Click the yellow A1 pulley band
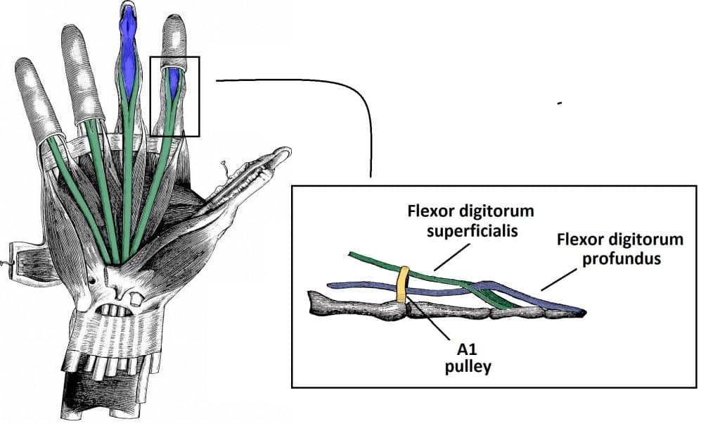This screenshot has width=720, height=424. [x=403, y=285]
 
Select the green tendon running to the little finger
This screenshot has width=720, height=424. [x=77, y=190]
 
